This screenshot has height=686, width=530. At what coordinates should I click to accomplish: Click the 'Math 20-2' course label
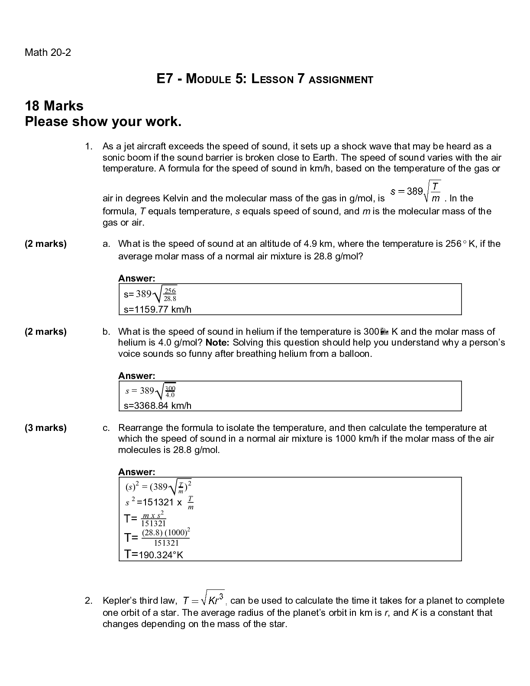[48, 53]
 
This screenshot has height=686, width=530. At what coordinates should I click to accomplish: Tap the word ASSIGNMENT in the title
[341, 80]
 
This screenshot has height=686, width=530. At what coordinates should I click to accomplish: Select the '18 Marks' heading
[54, 106]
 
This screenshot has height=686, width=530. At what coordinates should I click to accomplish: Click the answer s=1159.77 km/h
[158, 309]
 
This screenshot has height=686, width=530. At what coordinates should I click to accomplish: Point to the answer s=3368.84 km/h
[158, 406]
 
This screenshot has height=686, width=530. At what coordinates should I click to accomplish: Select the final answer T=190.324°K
[154, 554]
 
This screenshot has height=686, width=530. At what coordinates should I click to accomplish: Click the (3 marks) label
[46, 428]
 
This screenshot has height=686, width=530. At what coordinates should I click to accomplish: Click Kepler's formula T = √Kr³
[204, 599]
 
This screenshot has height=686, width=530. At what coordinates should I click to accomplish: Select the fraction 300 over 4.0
[170, 391]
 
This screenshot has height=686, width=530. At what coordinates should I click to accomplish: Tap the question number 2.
[88, 601]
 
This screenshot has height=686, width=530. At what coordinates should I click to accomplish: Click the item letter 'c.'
[106, 428]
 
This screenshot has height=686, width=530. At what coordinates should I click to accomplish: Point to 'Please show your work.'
[103, 122]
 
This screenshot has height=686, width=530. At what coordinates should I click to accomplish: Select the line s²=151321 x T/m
[159, 502]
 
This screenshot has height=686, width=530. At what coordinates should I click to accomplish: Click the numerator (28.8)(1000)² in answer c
[166, 533]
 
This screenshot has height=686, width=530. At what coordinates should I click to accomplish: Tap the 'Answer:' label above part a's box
[136, 278]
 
